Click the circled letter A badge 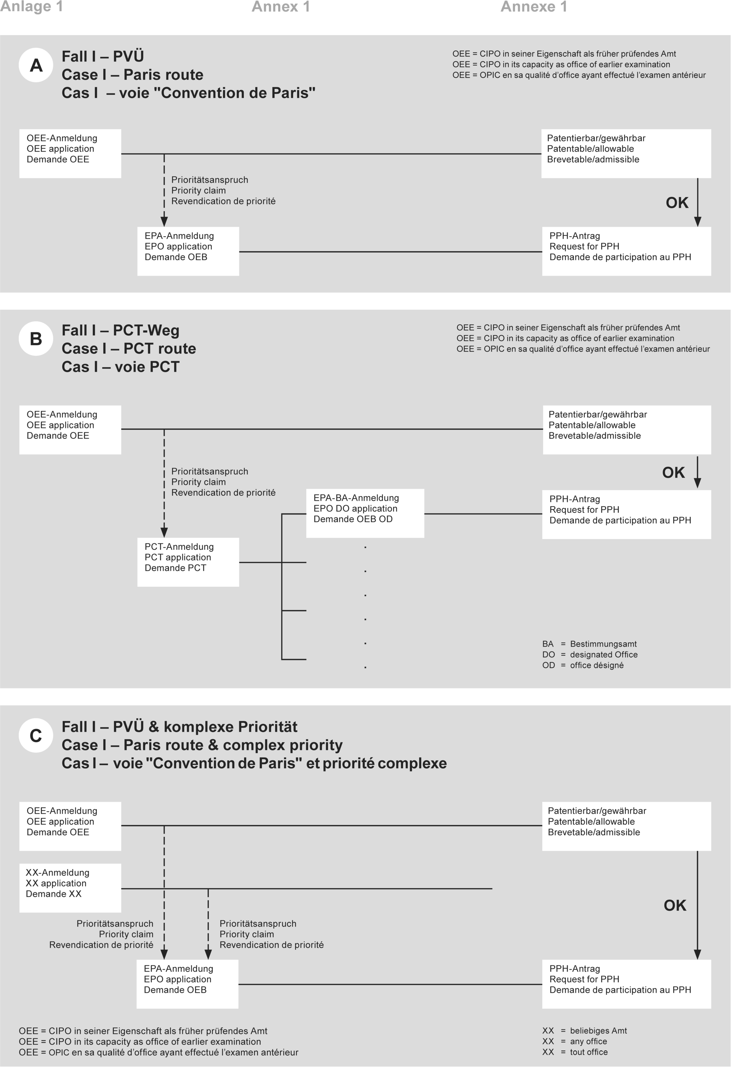coord(36,65)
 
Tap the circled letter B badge coord(36,339)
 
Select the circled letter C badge coord(36,735)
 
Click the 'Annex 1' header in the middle coord(281,7)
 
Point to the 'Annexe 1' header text coord(534,7)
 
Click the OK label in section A coord(677,202)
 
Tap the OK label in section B coord(673,472)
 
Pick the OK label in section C coord(675,905)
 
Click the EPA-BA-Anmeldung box coord(365,513)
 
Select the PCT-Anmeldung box coord(188,562)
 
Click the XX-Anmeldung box coord(70,888)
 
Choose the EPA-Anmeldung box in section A coord(188,251)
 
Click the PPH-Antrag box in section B coord(626,514)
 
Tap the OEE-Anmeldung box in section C coord(70,826)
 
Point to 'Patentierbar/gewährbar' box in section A coord(626,153)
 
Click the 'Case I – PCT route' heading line coord(129,349)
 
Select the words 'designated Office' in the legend coord(603,654)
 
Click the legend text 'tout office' coord(589,1052)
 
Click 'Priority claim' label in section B coord(198,481)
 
